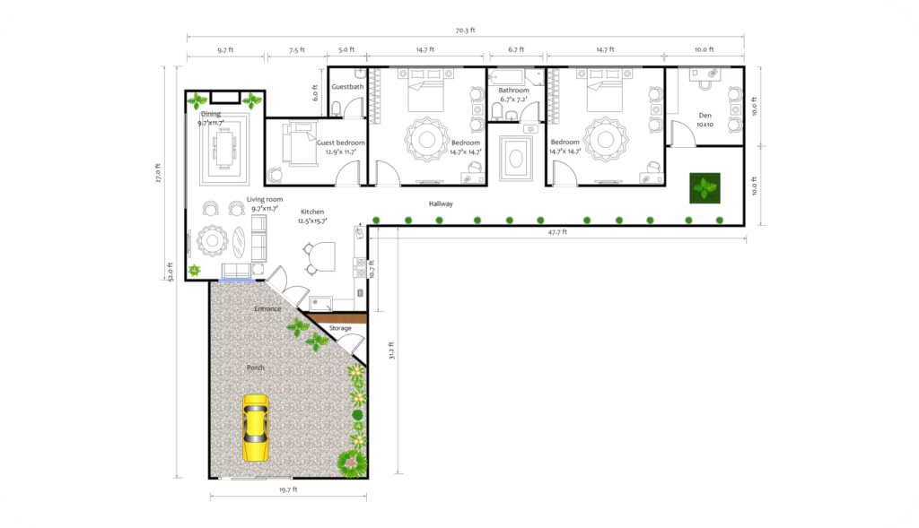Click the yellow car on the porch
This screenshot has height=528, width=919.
[x=256, y=429]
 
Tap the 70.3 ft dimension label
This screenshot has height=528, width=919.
[x=465, y=30]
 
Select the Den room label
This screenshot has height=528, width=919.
[x=705, y=115]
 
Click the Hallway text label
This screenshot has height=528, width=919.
[x=441, y=204]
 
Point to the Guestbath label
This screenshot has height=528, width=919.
[x=347, y=87]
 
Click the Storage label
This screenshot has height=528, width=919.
[x=340, y=328]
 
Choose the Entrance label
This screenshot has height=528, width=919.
[x=267, y=309]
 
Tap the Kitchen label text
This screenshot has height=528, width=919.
[x=312, y=212]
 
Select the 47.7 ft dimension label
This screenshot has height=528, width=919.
[x=557, y=232]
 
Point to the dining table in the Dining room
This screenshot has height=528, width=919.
[x=223, y=146]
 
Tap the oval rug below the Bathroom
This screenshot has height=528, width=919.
[x=516, y=158]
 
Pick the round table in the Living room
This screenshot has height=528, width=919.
[x=213, y=240]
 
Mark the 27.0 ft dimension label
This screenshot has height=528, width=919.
[x=158, y=172]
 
